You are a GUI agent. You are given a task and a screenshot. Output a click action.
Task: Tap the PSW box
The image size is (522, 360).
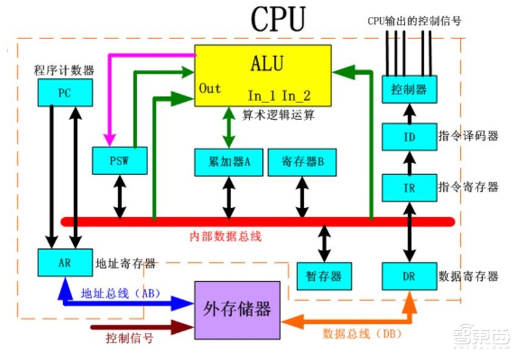coord(119,160)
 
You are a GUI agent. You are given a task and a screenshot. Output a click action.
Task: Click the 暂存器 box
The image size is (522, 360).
coord(324,276)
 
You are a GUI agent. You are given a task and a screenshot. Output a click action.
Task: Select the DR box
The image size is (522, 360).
coord(408,276)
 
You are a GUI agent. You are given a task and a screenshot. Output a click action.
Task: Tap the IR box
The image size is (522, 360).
coord(408,187)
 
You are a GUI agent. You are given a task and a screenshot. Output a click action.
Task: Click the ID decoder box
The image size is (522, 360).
coord(408,137)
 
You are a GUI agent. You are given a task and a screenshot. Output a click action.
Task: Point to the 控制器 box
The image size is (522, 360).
coord(408,89)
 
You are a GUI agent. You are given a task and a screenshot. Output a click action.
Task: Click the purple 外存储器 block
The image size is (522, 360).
coord(238,309)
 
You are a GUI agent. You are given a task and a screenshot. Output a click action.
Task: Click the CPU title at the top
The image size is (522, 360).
coord(277,20)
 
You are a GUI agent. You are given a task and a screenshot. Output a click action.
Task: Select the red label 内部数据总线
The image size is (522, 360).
coord(226,237)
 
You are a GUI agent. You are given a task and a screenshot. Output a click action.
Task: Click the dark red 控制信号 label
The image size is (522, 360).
coord(130,338)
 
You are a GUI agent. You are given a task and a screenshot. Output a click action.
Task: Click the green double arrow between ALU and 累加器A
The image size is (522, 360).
coord(228,127)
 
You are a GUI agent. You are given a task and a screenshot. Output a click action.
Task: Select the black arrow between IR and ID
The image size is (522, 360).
coord(408,162)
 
